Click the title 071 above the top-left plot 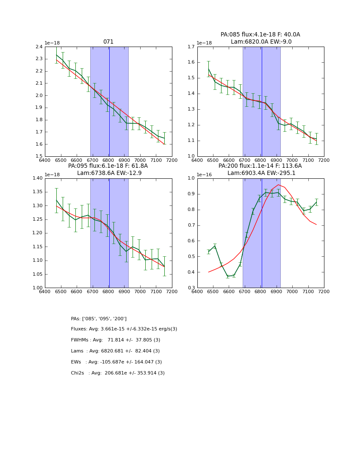coord(108,42)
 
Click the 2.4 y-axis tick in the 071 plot coord(39,47)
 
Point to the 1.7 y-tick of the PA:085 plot coord(191,47)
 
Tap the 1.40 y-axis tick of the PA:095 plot coord(37,178)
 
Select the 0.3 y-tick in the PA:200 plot coord(191,288)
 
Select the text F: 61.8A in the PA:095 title coord(136,166)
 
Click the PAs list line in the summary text coord(99,319)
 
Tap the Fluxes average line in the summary coord(124,329)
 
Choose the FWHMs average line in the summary coord(116,340)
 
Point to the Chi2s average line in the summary coord(118,373)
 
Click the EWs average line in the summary coord(116,362)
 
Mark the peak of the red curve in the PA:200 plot coord(278,185)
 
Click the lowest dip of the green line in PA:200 coord(227,276)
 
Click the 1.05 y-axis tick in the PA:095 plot coord(37,274)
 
